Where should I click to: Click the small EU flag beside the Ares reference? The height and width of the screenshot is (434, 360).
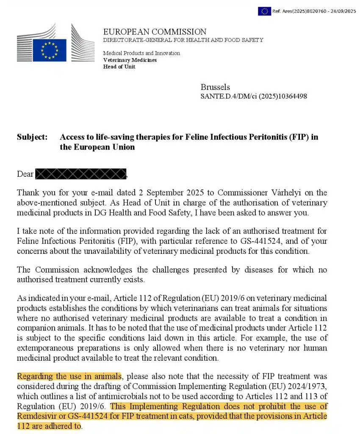coord(264,11)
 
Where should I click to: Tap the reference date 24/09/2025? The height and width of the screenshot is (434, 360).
coord(342,11)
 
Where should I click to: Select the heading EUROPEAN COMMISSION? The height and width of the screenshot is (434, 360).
coord(155,32)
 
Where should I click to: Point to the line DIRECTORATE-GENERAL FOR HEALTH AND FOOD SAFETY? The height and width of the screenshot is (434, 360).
coord(183,40)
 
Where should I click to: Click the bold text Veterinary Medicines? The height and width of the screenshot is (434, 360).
coord(130,60)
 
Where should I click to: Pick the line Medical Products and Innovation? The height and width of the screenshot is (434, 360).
coord(141,53)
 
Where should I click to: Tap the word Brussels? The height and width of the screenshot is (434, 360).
coord(215,87)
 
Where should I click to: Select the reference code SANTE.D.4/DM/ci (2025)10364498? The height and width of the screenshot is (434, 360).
coord(254,97)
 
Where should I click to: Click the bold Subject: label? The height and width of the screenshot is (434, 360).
coord(32,137)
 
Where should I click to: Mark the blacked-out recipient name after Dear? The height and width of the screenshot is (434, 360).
coord(80,174)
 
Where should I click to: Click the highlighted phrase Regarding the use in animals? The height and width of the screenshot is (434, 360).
coord(69,376)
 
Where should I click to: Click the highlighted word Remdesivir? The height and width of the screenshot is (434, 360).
coord(37,417)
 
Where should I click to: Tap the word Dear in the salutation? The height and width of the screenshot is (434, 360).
coord(25,174)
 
